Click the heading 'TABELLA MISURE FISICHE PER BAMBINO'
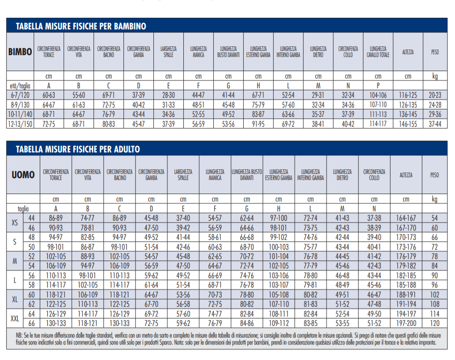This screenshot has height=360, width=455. click(81, 26)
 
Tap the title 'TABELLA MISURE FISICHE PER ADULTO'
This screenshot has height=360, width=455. click(78, 149)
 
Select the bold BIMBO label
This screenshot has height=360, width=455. click(20, 52)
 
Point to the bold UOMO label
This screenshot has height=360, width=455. click(23, 175)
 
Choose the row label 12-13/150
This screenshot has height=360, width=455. click(20, 124)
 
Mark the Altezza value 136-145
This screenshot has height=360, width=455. click(408, 115)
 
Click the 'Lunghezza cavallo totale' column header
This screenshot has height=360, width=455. click(378, 51)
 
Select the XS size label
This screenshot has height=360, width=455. click(15, 223)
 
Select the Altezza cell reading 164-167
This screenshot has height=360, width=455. click(406, 218)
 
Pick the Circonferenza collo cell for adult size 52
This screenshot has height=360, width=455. click(374, 257)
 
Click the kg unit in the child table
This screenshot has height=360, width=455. click(435, 76)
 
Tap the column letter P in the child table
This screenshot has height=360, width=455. click(378, 86)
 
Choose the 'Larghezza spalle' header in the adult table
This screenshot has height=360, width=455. click(183, 175)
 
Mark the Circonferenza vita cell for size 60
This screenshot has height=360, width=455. click(88, 295)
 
